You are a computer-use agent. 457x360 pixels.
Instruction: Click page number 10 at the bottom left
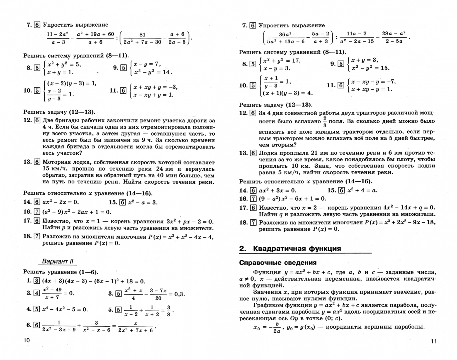tap(26, 340)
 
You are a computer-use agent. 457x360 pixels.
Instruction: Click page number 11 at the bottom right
tap(433, 341)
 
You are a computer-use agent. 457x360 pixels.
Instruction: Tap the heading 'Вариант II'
tap(57, 262)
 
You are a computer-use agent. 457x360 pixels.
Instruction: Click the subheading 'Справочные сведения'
tap(278, 263)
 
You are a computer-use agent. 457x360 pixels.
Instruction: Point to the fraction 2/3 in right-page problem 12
tap(325, 122)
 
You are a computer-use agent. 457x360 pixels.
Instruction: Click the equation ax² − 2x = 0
tap(60, 202)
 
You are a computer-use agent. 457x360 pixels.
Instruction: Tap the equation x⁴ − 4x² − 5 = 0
tap(65, 309)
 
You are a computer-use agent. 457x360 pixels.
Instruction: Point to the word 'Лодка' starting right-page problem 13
tap(268, 153)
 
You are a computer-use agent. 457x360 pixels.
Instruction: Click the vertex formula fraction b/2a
tap(277, 328)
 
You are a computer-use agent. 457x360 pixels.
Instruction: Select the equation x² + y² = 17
tap(282, 61)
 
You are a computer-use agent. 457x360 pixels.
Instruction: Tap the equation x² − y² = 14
tap(153, 72)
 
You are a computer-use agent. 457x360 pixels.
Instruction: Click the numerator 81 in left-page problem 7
tap(142, 34)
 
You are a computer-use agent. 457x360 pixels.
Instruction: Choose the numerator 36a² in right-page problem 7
tap(285, 34)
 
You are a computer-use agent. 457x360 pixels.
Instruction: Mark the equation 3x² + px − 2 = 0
tap(190, 221)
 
